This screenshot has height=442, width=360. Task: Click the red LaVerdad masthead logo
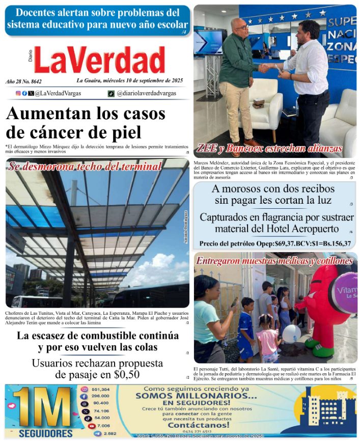coord(99,60)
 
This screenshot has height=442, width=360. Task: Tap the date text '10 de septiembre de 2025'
coord(148,80)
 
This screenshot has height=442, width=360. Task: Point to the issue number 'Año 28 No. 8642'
coord(24,81)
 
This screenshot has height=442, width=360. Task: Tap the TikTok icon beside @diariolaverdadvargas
coord(111,94)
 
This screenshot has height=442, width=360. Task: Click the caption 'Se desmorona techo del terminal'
coord(85,166)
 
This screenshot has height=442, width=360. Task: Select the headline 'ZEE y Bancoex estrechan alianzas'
coord(269,149)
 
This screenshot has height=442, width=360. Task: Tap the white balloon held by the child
coord(291,334)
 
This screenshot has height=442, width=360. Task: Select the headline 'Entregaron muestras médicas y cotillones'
coord(274,261)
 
